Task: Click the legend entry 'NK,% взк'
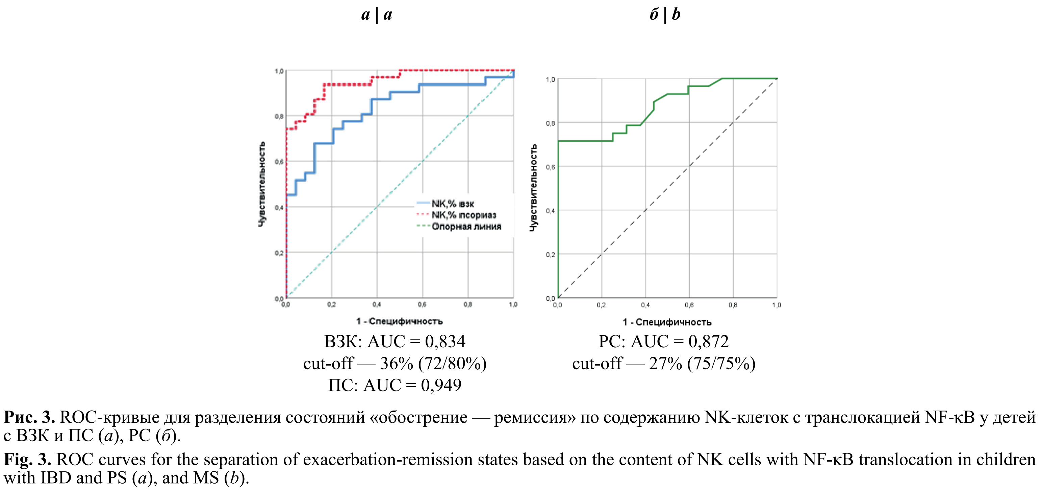[453, 204]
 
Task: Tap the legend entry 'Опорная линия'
[466, 226]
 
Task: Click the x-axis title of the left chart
[399, 321]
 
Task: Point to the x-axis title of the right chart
[667, 322]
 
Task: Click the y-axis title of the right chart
[533, 188]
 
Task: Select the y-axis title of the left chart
[262, 184]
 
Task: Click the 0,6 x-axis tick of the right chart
[689, 305]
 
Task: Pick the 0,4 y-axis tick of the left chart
[279, 208]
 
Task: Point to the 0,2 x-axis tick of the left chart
[331, 305]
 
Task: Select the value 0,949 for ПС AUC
[441, 385]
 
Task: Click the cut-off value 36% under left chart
[397, 363]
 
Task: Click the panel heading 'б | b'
[665, 15]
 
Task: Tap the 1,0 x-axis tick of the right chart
[776, 305]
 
